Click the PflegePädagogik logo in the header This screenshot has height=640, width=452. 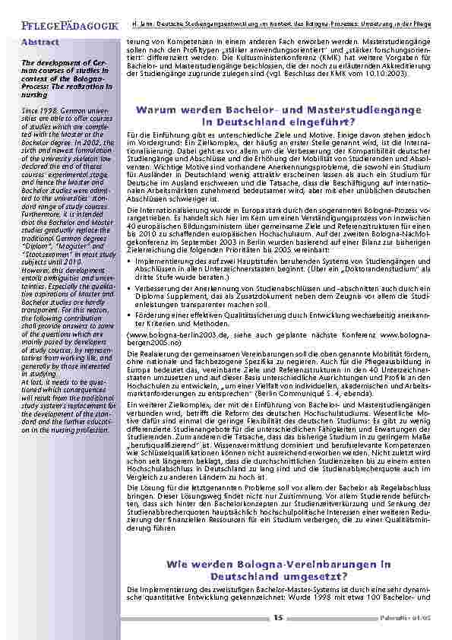click(x=60, y=26)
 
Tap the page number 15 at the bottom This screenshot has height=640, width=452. click(x=279, y=618)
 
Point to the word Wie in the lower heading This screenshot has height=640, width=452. click(x=175, y=564)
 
